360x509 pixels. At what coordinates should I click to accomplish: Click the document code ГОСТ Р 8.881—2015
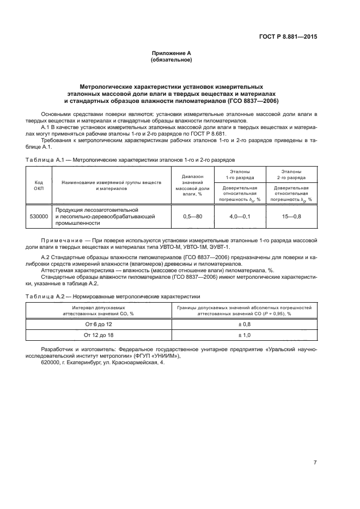(288, 36)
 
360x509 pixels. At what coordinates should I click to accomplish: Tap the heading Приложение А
(171, 53)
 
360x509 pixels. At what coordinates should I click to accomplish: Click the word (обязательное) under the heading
(171, 59)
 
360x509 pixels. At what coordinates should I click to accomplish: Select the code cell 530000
(39, 217)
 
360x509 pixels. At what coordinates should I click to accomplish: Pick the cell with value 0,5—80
(192, 217)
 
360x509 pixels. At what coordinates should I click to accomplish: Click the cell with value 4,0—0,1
(240, 217)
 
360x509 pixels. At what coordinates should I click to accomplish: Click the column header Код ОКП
(39, 185)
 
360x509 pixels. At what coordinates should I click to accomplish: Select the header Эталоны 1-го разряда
(240, 174)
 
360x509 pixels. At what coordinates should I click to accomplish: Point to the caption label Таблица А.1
(45, 160)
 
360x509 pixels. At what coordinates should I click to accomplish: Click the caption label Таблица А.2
(45, 296)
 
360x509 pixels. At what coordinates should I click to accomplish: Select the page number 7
(315, 463)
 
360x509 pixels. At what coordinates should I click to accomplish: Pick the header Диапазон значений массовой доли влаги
(192, 185)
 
